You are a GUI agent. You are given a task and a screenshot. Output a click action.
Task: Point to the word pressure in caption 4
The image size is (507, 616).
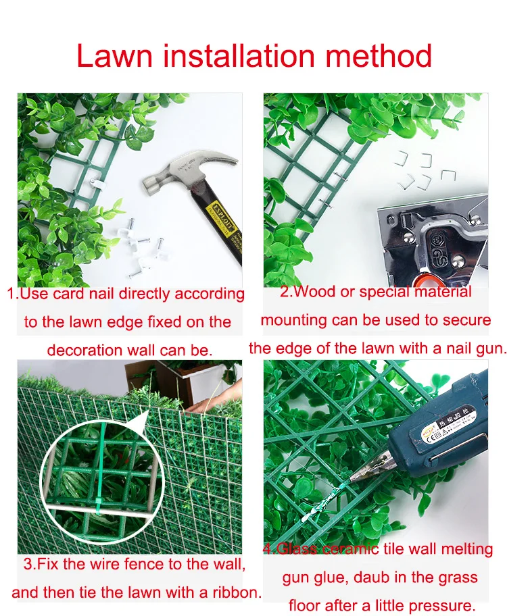tap(443, 605)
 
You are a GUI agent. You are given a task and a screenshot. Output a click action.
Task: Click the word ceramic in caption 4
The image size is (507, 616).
tap(350, 549)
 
